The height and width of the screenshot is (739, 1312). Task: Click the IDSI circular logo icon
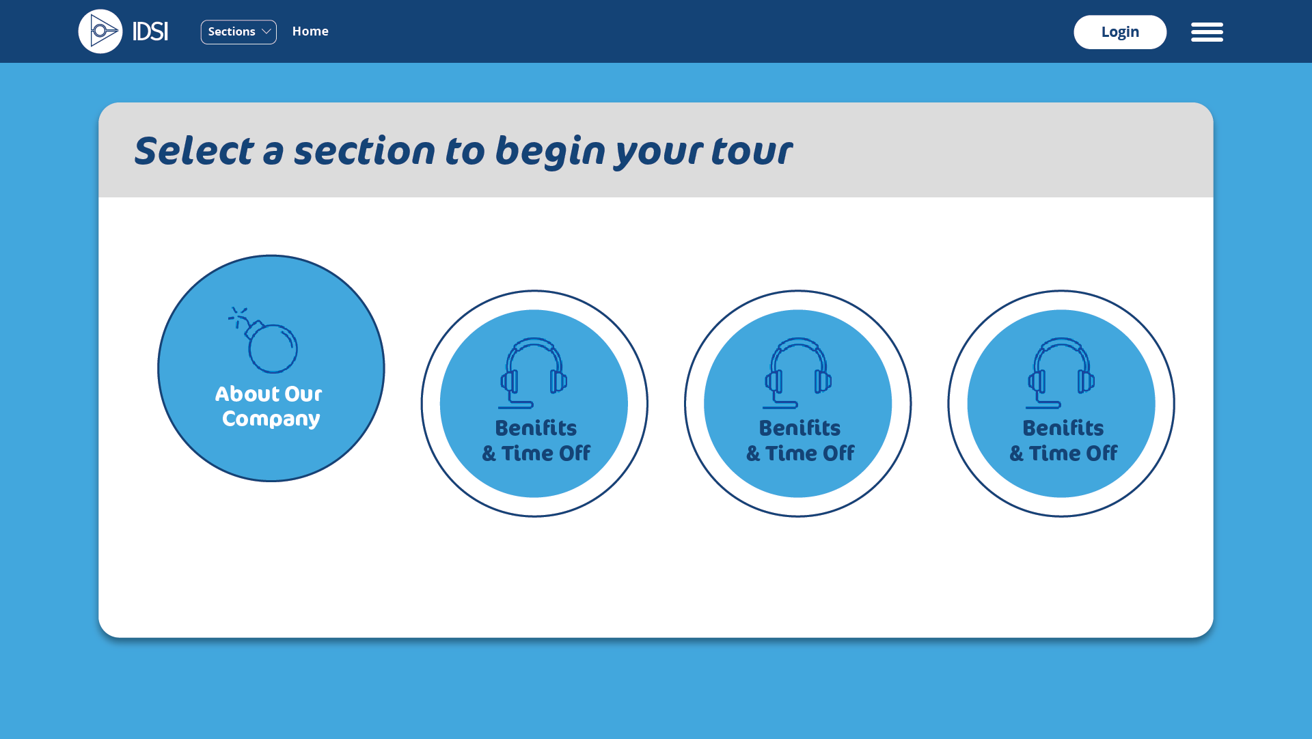pyautogui.click(x=100, y=31)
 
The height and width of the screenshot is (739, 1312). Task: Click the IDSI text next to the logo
pyautogui.click(x=150, y=31)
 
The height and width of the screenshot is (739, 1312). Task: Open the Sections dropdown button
pyautogui.click(x=238, y=32)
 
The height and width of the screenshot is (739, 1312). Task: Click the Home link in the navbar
pyautogui.click(x=310, y=31)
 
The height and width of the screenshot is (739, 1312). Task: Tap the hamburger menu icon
pyautogui.click(x=1207, y=32)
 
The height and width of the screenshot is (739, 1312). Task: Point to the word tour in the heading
pyautogui.click(x=752, y=151)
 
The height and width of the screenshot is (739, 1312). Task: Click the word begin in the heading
pyautogui.click(x=550, y=152)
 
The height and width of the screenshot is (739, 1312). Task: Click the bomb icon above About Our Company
pyautogui.click(x=263, y=339)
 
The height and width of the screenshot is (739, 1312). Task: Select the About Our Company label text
pyautogui.click(x=269, y=406)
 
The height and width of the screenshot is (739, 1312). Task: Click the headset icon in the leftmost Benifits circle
pyautogui.click(x=534, y=373)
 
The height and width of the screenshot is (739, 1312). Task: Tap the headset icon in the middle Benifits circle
pyautogui.click(x=797, y=373)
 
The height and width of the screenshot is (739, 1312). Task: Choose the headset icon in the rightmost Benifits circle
pyautogui.click(x=1061, y=373)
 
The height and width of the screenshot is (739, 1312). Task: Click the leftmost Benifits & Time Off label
pyautogui.click(x=536, y=441)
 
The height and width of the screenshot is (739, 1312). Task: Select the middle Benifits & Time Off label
pyautogui.click(x=799, y=441)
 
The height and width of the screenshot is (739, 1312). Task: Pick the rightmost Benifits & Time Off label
pyautogui.click(x=1063, y=441)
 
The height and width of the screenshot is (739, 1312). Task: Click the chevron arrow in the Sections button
pyautogui.click(x=266, y=32)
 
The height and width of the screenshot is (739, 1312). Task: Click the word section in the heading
pyautogui.click(x=364, y=151)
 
